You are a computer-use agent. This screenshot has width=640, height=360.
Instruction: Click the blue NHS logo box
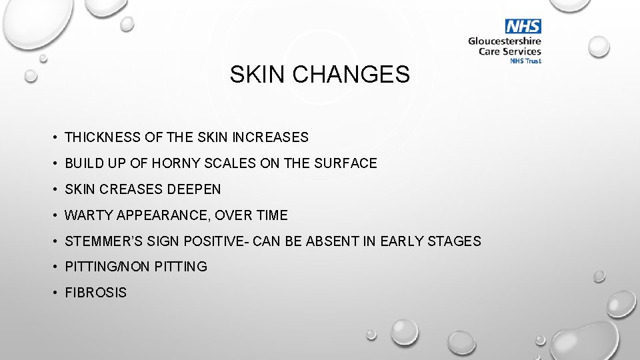pos(523,27)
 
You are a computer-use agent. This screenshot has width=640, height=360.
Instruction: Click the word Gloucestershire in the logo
pos(505,41)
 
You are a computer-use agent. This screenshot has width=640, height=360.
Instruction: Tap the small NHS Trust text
pos(525,61)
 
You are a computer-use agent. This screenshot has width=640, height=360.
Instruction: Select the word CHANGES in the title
pos(351,75)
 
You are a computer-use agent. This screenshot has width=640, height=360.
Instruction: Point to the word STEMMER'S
pos(102,241)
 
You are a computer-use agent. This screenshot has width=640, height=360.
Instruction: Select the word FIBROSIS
pos(95,293)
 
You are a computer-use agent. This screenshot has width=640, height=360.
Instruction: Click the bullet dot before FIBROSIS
pos(53,293)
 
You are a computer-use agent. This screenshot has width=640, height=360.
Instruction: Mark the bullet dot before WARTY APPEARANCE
pos(53,215)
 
